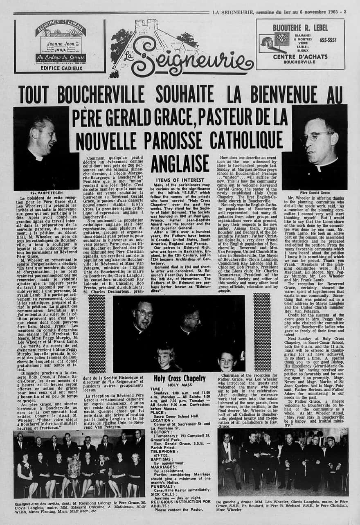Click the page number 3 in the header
[345, 11]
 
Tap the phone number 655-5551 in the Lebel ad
[328, 40]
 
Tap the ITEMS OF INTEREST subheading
[180, 179]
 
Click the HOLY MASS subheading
[180, 385]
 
